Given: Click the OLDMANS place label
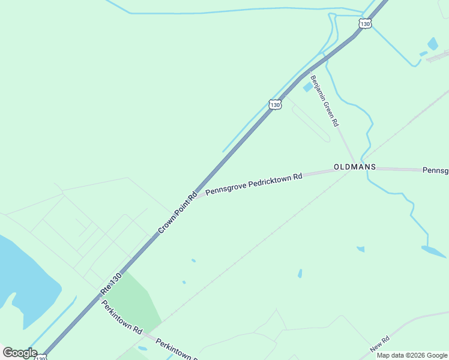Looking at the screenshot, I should tap(355, 166).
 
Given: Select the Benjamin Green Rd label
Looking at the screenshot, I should tap(324, 100).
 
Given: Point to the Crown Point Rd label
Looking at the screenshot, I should tap(178, 213).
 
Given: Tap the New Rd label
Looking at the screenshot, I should tap(379, 344).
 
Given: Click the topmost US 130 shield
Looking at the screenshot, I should tap(366, 24).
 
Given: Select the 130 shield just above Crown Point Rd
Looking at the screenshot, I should tap(275, 104).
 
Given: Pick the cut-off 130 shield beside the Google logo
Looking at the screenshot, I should tap(41, 357).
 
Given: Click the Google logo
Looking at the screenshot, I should tap(19, 352).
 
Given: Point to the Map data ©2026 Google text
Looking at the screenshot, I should tap(412, 355).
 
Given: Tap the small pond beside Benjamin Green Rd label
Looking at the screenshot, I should tap(308, 87).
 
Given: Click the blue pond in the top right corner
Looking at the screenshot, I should tap(433, 44).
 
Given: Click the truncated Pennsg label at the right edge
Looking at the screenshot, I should tap(436, 170).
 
